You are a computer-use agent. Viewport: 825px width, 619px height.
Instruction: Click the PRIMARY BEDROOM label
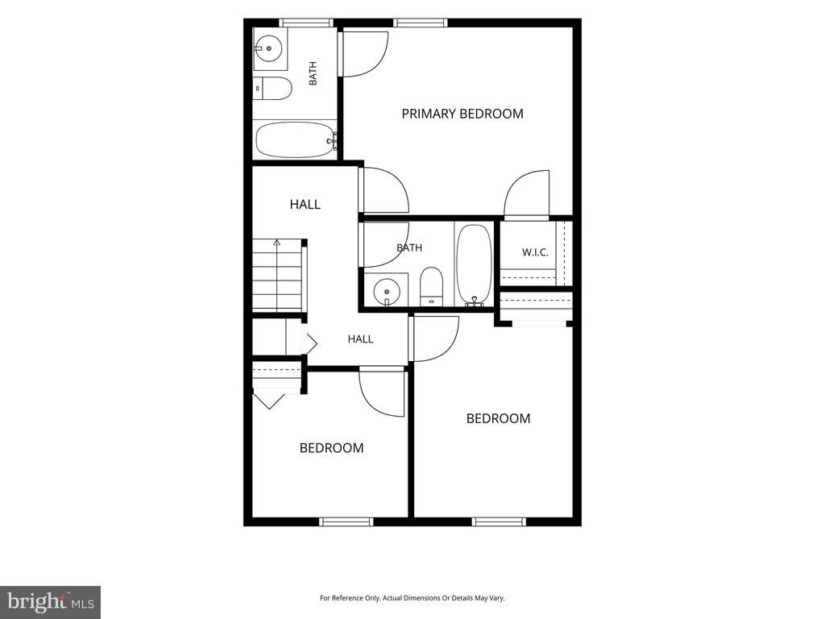(462, 114)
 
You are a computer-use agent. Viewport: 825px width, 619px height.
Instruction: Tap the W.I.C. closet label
(535, 252)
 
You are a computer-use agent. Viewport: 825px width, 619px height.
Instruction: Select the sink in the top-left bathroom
(269, 48)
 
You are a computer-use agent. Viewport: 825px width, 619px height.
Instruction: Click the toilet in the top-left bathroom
(272, 89)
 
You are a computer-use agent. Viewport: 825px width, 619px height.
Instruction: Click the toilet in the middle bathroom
(432, 286)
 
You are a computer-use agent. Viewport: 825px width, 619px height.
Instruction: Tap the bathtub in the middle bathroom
(474, 264)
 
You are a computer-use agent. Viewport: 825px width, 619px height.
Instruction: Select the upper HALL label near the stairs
(305, 204)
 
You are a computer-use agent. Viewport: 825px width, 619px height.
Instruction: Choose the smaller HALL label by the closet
(360, 339)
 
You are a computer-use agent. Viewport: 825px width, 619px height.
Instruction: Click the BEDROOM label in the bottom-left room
(331, 448)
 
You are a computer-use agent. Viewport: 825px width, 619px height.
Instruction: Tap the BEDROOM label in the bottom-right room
(498, 418)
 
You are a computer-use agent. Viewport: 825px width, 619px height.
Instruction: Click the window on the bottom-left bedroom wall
(346, 521)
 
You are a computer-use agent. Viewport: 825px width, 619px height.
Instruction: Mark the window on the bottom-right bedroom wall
(499, 521)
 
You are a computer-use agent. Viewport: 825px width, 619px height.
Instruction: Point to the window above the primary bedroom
(421, 23)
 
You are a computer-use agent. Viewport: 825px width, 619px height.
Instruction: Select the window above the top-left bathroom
(305, 23)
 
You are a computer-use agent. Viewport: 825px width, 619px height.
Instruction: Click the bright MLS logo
(50, 601)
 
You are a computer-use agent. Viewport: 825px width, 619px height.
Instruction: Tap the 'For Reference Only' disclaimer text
(412, 598)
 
